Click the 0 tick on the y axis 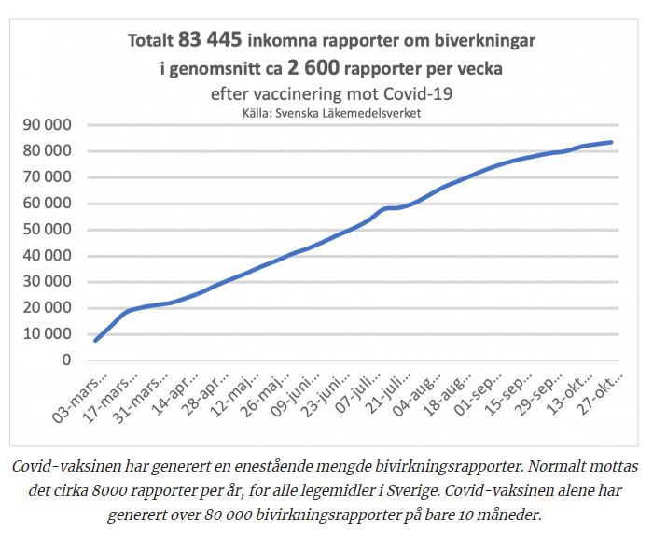[x=66, y=360]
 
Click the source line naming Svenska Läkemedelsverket [x=332, y=112]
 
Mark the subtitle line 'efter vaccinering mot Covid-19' [x=332, y=94]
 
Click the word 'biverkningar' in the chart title [x=483, y=41]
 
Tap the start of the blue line [x=95, y=340]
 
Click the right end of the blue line [x=611, y=142]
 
